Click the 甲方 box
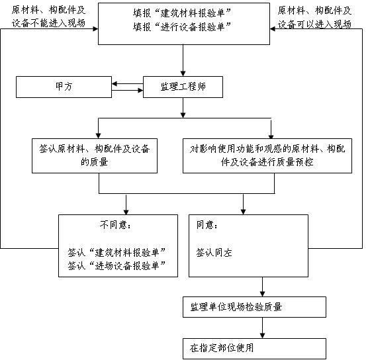[64, 87]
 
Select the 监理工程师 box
[183, 87]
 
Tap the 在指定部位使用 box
[254, 349]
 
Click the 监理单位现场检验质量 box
[254, 307]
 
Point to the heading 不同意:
[115, 225]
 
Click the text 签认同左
[214, 253]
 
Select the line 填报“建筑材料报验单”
[182, 13]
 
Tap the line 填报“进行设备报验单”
[182, 26]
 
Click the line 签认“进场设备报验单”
[116, 266]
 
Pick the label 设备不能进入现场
[48, 23]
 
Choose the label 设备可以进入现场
[314, 24]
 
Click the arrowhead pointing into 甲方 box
[115, 84]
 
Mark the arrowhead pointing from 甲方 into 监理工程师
[140, 90]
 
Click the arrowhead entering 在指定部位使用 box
[262, 336]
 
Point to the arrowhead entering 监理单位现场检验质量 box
[262, 294]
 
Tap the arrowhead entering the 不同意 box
[126, 212]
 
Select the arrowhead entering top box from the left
[95, 29]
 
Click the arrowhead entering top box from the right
[273, 29]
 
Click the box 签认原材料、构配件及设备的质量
[95, 156]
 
